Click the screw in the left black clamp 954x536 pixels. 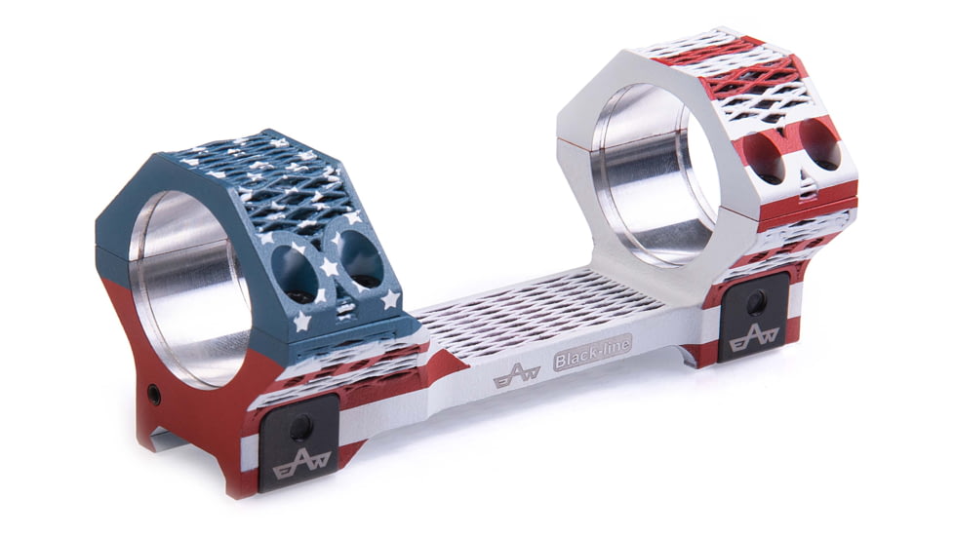[301, 425]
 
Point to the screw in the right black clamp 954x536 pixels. [756, 304]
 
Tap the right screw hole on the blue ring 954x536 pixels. [360, 259]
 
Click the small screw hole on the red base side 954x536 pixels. [154, 395]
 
